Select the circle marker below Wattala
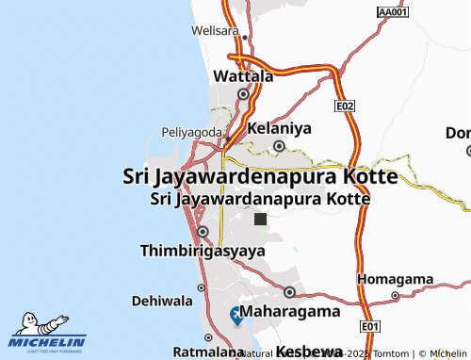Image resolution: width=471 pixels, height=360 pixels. (244, 94)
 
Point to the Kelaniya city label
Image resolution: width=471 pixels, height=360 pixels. (279, 126)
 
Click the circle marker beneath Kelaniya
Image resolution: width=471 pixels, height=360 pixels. (280, 145)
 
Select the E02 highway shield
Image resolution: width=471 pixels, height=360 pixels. (345, 106)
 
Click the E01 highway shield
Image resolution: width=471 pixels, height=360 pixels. (370, 326)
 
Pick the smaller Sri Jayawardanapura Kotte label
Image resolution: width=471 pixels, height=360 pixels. (260, 199)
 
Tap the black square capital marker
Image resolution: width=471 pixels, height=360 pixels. (260, 219)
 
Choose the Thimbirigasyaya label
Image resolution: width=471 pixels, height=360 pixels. (202, 251)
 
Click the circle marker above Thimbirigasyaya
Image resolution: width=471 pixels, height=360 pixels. (203, 232)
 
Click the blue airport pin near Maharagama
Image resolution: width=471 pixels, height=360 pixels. (235, 315)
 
